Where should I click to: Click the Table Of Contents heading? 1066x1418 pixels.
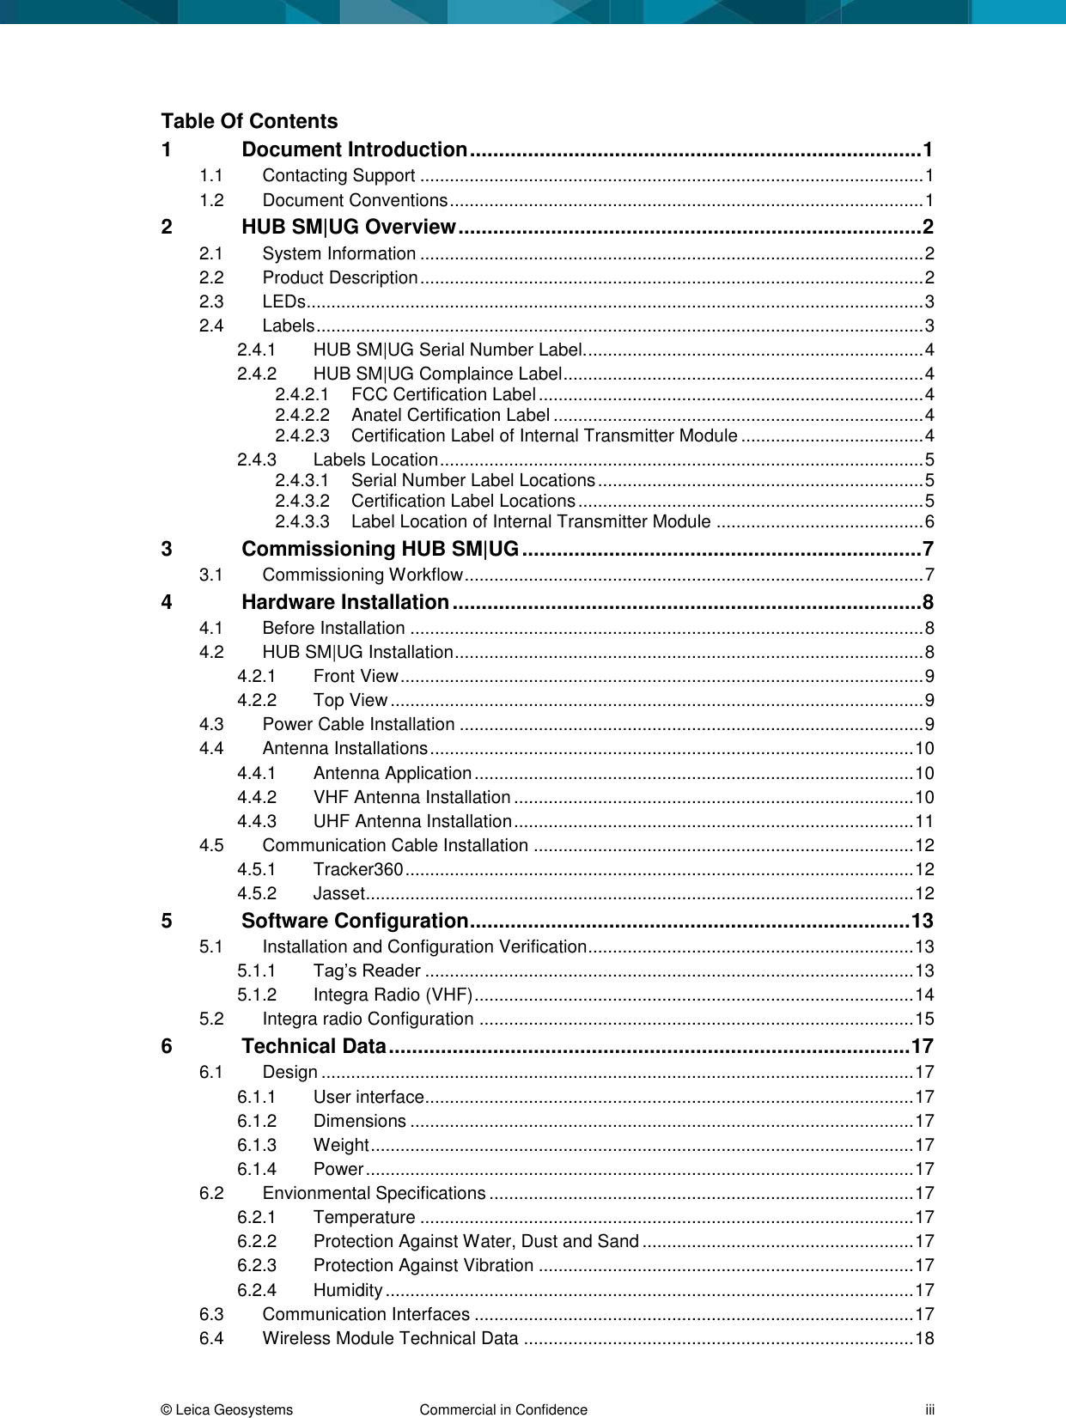(249, 121)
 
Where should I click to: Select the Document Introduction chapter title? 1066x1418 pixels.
(354, 149)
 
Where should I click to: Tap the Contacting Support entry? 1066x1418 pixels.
(338, 176)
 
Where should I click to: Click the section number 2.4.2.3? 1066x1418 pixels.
(302, 436)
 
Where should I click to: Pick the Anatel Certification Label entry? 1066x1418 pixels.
(450, 416)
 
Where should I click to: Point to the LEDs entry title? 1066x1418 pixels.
(283, 302)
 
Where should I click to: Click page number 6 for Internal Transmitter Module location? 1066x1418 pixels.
(929, 522)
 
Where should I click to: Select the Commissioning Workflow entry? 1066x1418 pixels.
(362, 575)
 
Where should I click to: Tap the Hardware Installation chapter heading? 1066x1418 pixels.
(345, 602)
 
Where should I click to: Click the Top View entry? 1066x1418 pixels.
(350, 701)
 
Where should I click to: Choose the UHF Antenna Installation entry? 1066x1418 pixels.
(412, 822)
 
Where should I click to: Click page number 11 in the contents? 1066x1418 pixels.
(923, 822)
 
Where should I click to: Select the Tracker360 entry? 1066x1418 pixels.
(358, 870)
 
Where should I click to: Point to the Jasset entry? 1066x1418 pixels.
(339, 894)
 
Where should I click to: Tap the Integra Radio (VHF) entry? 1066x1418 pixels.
(393, 995)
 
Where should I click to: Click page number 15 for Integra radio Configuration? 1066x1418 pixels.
(923, 1019)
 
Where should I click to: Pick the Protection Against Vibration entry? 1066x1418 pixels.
(423, 1266)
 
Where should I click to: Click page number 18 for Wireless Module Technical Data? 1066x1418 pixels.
(923, 1339)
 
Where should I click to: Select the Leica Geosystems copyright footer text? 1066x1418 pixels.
(227, 1409)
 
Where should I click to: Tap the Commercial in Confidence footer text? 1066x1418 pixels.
(503, 1409)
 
